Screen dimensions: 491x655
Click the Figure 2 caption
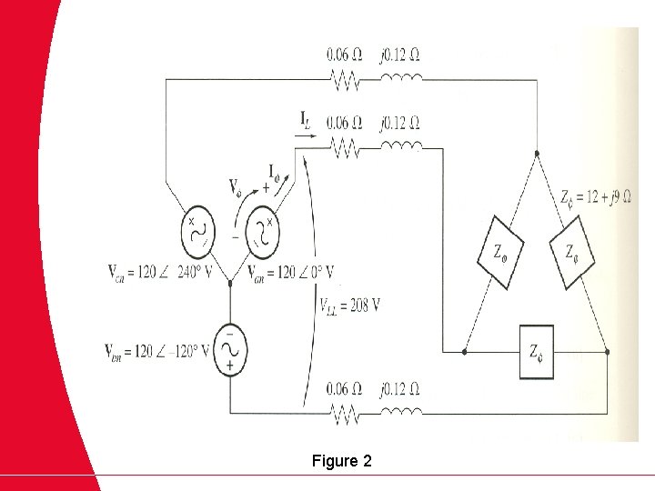341,461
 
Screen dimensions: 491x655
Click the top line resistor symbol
346,82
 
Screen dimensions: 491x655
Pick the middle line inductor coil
400,147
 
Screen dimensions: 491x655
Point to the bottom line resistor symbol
346,416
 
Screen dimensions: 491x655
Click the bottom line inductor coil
400,414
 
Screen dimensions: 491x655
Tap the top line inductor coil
400,82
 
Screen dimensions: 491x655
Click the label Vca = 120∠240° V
156,272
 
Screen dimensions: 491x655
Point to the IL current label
307,117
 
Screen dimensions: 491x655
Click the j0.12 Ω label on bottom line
400,390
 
